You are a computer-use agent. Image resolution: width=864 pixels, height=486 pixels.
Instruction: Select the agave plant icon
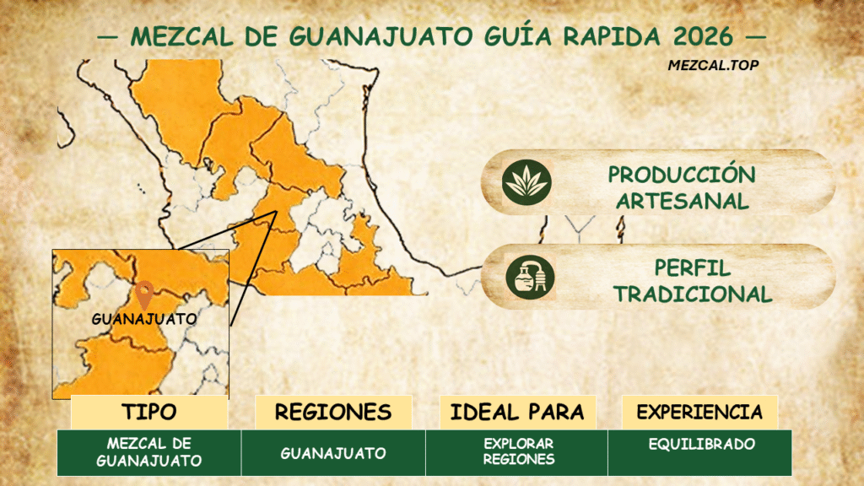526,181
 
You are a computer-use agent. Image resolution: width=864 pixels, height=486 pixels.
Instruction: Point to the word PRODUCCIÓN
682,175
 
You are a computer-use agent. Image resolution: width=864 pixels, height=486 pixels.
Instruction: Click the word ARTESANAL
682,201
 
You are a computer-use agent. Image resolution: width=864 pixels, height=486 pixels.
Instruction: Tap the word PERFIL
692,267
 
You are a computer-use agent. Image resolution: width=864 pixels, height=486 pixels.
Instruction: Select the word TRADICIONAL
692,294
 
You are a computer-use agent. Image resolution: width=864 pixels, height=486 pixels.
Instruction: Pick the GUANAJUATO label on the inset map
143,319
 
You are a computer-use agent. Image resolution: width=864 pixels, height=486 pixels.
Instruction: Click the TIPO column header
149,413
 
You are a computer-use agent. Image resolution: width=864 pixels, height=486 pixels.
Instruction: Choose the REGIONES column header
333,413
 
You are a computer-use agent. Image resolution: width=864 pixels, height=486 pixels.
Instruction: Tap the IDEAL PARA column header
517,413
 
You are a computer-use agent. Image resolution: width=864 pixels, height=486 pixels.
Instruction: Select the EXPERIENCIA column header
699,413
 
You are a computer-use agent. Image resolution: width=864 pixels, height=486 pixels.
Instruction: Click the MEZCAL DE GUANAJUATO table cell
149,452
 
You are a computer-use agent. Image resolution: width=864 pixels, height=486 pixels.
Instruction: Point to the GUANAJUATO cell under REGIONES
333,453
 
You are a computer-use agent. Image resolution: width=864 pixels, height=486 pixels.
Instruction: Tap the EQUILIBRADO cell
700,445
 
